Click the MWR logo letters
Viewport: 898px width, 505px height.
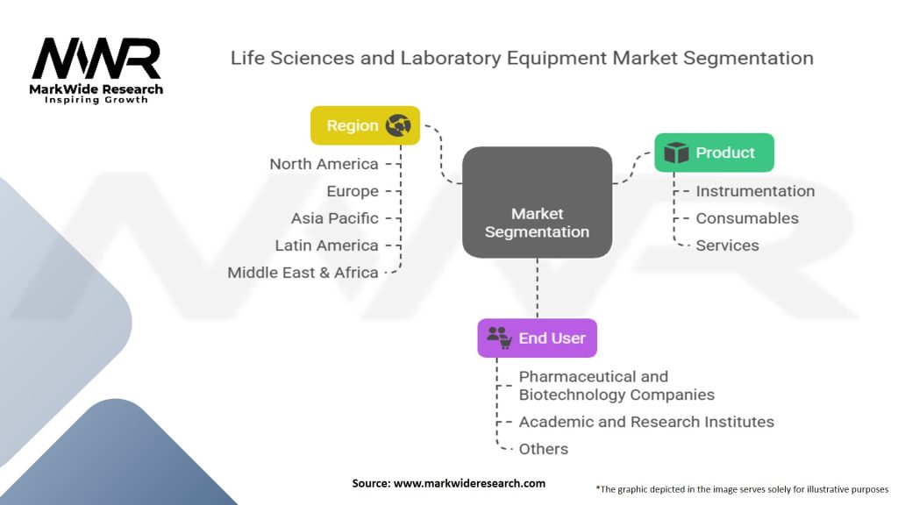(96, 59)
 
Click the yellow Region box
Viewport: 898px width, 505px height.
(365, 125)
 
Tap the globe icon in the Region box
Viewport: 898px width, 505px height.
(398, 125)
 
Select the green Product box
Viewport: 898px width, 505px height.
(714, 153)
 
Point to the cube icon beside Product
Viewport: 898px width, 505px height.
(676, 153)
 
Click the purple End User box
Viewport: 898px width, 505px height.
(537, 338)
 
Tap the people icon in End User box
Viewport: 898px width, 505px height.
(499, 338)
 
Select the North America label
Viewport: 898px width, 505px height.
(324, 164)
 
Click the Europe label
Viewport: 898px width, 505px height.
(353, 191)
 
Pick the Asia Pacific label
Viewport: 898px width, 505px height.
(335, 218)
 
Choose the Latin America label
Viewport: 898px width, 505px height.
(326, 245)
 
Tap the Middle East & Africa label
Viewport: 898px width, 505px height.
(303, 273)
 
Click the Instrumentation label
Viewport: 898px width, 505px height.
(755, 191)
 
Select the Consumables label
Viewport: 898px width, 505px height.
(747, 218)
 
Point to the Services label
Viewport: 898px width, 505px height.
(727, 245)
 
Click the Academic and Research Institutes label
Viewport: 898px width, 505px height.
(646, 422)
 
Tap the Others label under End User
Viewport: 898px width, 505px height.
(543, 449)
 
